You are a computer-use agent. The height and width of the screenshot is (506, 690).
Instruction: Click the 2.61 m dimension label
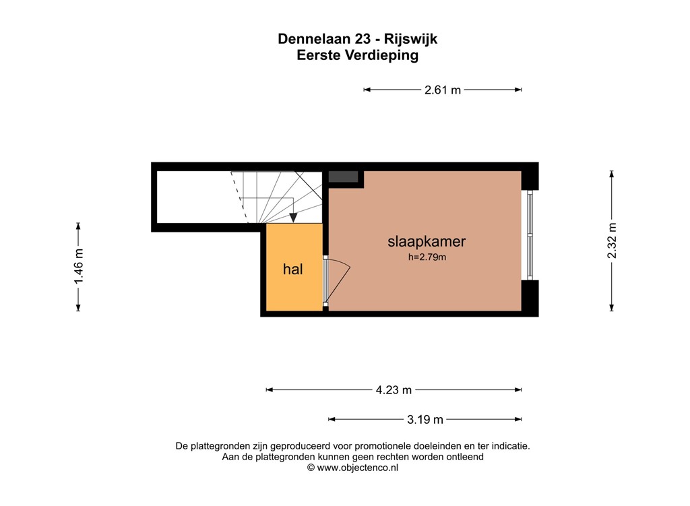tap(443, 90)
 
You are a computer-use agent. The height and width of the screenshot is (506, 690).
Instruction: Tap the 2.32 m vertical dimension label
tap(612, 241)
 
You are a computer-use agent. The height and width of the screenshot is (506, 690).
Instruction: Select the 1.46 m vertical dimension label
tap(79, 267)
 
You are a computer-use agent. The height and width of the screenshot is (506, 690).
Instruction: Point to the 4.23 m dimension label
tap(394, 389)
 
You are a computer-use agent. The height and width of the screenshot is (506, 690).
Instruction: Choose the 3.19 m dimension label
tap(425, 419)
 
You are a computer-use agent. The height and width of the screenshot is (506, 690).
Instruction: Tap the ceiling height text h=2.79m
tap(427, 257)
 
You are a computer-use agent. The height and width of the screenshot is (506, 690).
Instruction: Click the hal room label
tap(292, 270)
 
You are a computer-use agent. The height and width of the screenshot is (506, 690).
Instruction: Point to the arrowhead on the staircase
tap(294, 217)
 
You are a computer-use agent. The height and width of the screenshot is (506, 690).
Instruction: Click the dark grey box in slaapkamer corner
tap(343, 177)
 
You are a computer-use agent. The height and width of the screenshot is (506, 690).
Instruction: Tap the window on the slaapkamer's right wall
tap(530, 234)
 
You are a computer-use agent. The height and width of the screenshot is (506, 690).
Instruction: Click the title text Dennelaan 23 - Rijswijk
tap(357, 39)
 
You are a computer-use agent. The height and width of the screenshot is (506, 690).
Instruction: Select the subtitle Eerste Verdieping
tap(357, 56)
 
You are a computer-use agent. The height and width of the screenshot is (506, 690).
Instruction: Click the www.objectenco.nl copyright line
tap(352, 467)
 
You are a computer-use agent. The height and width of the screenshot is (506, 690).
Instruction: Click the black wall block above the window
tap(530, 178)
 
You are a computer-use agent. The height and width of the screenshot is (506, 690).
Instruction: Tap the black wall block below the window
tap(530, 296)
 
